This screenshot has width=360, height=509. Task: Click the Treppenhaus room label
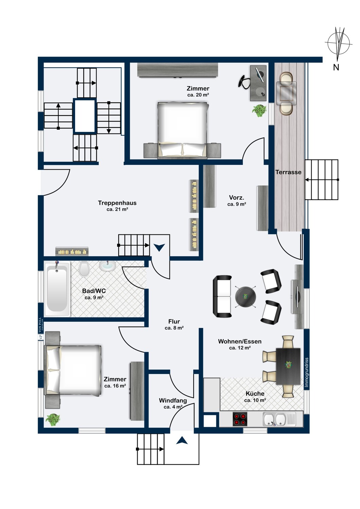(117, 203)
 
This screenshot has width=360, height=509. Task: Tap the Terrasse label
(288, 172)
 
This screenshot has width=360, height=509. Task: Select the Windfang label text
(173, 400)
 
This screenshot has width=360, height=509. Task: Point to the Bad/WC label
(94, 291)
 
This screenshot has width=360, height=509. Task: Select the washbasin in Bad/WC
(107, 266)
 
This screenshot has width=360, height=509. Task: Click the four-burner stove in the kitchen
(240, 419)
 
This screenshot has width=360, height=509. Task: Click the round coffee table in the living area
(246, 297)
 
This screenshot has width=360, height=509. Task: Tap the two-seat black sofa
(222, 296)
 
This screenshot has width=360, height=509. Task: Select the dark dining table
(288, 366)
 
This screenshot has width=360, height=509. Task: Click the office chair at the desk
(244, 81)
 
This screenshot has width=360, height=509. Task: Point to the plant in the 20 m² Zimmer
(259, 111)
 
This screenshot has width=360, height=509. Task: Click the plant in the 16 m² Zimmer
(53, 420)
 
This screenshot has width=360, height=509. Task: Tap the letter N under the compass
(336, 67)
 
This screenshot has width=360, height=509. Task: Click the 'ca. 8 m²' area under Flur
(174, 328)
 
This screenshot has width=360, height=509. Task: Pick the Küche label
(255, 393)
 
